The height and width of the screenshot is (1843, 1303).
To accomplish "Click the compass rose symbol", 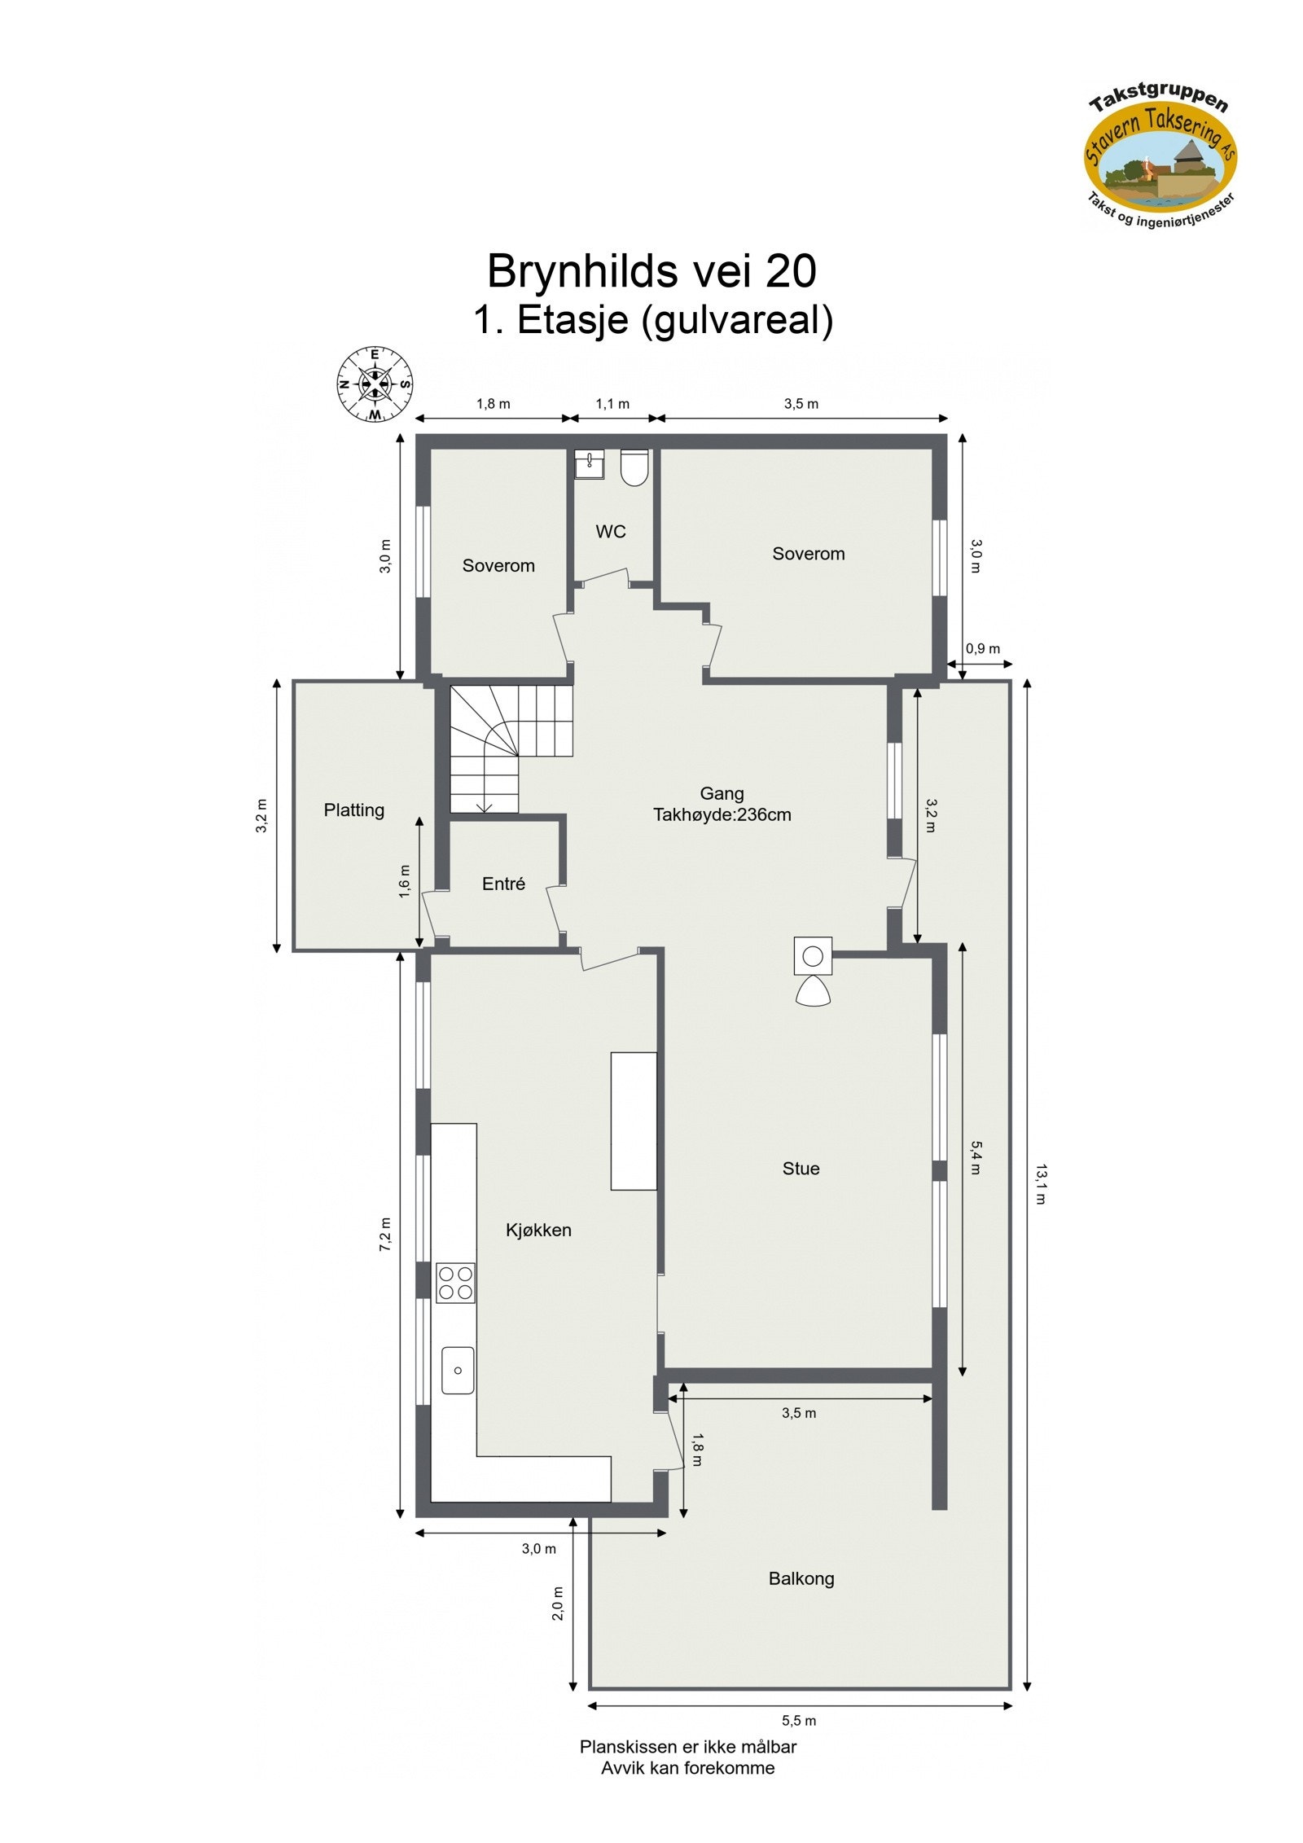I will tap(374, 384).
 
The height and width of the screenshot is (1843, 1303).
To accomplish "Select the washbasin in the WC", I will tap(588, 464).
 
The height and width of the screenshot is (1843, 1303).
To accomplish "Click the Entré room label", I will tap(503, 884).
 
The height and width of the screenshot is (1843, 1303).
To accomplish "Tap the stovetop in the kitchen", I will tap(455, 1283).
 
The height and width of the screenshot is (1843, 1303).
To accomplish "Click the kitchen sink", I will tap(458, 1370).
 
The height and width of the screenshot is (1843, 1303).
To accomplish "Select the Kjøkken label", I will tap(538, 1230).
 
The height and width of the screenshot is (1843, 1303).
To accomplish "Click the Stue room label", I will tap(801, 1169).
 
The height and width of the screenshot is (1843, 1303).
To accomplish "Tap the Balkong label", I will tap(801, 1578).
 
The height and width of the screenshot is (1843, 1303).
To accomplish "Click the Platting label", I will tap(353, 810).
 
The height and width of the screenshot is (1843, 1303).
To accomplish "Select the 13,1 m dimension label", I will tap(1041, 1184).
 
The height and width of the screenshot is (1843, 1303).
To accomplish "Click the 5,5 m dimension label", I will tap(799, 1721).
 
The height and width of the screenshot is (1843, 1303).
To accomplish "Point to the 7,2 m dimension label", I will tap(385, 1235).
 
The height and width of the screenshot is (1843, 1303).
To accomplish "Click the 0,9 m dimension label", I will tap(982, 649).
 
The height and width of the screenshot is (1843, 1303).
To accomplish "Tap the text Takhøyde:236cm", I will tap(722, 814).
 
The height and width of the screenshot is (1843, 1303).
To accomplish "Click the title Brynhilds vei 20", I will tap(651, 271).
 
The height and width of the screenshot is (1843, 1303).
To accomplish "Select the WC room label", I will tap(611, 532).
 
